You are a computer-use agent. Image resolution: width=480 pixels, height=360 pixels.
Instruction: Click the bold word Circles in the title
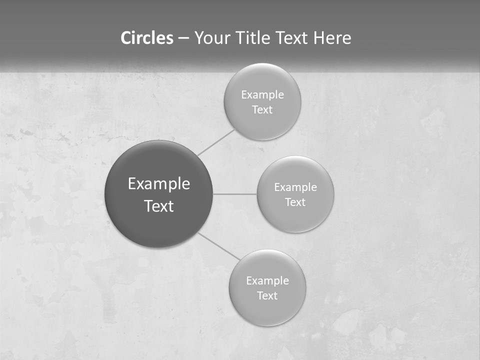(x=147, y=38)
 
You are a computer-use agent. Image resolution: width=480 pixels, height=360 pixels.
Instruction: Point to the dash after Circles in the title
(x=183, y=38)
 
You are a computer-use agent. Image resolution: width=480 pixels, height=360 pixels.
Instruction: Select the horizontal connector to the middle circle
(x=235, y=193)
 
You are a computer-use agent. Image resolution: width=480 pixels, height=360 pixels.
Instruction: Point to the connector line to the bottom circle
(x=218, y=245)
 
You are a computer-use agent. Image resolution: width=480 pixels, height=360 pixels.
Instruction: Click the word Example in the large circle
(x=159, y=184)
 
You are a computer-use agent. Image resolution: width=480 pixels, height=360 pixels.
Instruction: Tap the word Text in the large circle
(x=159, y=206)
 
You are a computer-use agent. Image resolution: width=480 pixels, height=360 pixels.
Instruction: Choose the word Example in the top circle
(x=262, y=94)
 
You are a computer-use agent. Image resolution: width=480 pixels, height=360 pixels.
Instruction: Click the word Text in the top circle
(x=262, y=109)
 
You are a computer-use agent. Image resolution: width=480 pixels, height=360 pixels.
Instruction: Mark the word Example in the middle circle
(x=295, y=187)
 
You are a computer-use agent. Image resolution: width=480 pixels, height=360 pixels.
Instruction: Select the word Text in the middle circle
(x=295, y=202)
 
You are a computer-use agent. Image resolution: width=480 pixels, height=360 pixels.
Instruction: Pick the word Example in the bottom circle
(x=267, y=280)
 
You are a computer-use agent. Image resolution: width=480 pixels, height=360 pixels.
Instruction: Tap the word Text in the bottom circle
(x=267, y=295)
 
